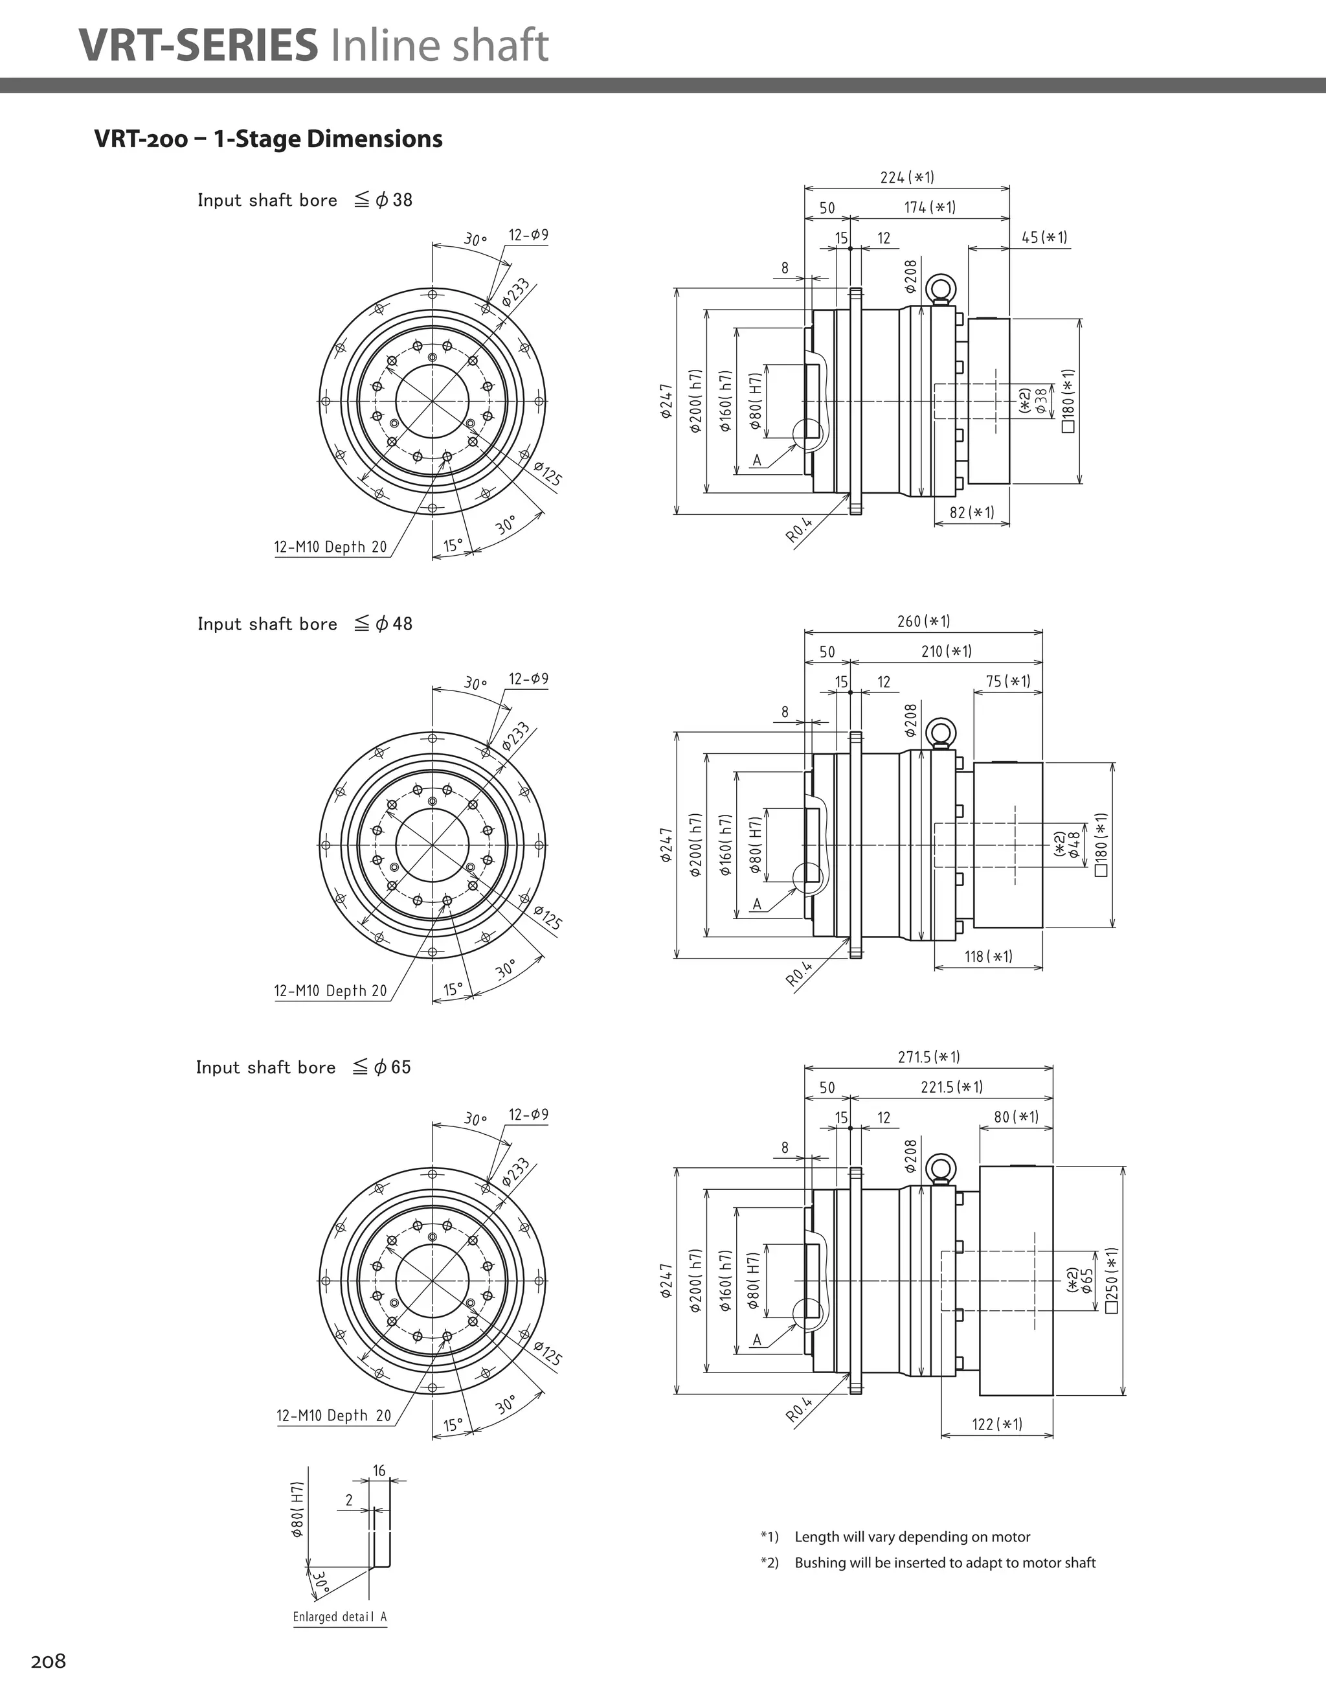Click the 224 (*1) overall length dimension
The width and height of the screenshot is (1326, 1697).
click(906, 177)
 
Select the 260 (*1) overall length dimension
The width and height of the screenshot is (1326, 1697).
click(923, 621)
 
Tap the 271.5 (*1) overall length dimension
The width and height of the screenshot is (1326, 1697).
click(928, 1057)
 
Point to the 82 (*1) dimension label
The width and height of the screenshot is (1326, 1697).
click(971, 513)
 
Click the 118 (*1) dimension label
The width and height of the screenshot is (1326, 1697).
click(988, 957)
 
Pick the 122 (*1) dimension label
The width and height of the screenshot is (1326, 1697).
click(996, 1424)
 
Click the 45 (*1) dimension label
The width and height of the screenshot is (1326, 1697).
click(1044, 238)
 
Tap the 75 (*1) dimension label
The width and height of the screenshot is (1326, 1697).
click(1007, 681)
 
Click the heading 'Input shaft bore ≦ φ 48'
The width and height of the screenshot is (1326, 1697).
click(304, 624)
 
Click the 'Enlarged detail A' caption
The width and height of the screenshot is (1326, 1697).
click(339, 1617)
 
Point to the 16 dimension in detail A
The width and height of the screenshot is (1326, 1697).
click(379, 1471)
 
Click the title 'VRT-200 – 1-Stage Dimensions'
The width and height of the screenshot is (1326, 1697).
click(268, 139)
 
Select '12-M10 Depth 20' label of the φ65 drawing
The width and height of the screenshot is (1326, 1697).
click(334, 1416)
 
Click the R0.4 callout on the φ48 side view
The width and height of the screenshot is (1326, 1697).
click(798, 974)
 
